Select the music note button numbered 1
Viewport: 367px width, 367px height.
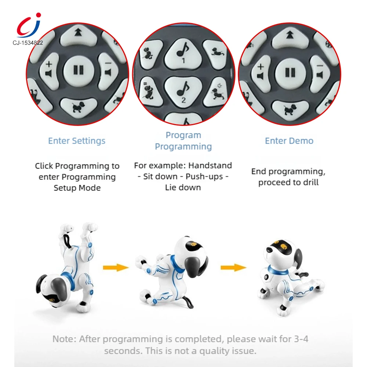click(x=183, y=54)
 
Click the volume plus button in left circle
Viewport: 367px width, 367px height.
click(x=49, y=70)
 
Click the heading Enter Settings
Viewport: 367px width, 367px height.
click(x=77, y=141)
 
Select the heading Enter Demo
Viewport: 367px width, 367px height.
click(x=289, y=141)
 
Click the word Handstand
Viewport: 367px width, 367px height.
click(x=210, y=166)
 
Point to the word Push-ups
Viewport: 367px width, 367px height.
click(x=204, y=177)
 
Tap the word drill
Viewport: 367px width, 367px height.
click(x=309, y=182)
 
